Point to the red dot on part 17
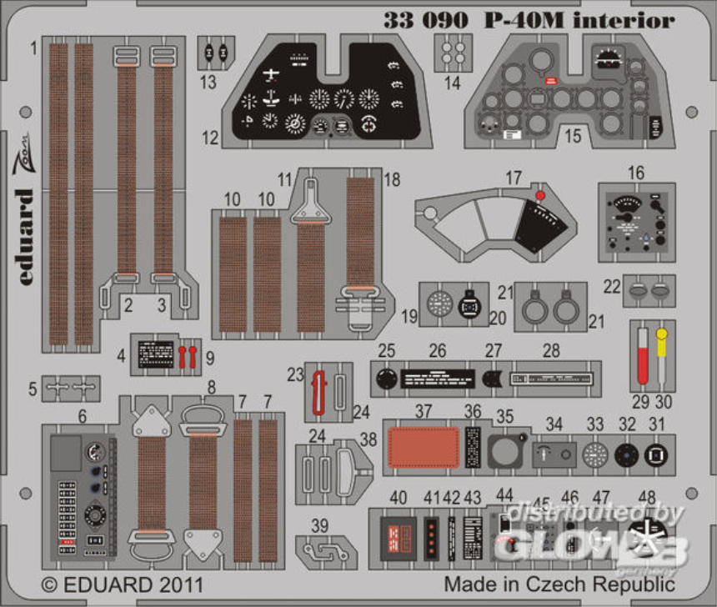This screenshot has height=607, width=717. (540, 195)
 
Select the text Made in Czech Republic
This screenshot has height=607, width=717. (548, 583)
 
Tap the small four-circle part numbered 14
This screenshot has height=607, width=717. (454, 54)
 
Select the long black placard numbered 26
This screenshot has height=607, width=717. (438, 378)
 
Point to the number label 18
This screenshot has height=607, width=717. (392, 180)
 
